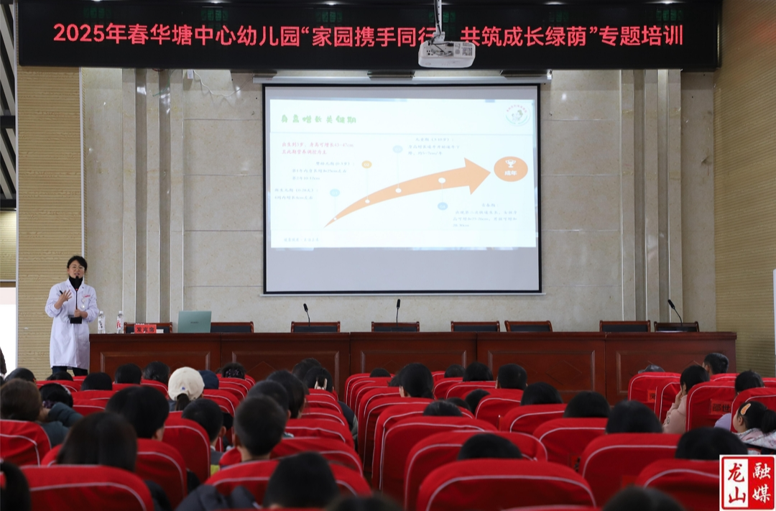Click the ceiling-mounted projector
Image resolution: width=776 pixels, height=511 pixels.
pyautogui.click(x=446, y=53)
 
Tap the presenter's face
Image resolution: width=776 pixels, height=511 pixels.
pyautogui.click(x=76, y=268)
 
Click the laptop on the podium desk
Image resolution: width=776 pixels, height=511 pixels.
pyautogui.click(x=194, y=321)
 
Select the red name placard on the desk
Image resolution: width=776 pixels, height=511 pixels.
pyautogui.click(x=145, y=328)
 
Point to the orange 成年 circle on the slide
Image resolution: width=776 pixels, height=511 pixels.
pyautogui.click(x=510, y=169)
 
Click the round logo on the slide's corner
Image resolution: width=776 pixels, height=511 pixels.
pyautogui.click(x=517, y=113)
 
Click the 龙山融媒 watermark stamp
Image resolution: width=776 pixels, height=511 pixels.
pyautogui.click(x=747, y=482)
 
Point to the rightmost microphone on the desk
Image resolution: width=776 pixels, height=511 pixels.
pyautogui.click(x=675, y=312)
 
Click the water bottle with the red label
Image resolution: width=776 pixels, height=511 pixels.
pyautogui.click(x=119, y=322)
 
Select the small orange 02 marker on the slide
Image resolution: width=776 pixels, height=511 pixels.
pyautogui.click(x=366, y=165)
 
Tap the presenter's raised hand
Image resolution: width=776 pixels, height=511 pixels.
pyautogui.click(x=65, y=295)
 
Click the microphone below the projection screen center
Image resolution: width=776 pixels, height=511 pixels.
pyautogui.click(x=397, y=312)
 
